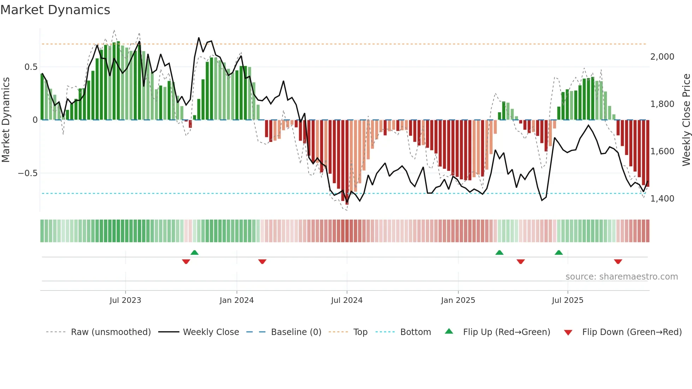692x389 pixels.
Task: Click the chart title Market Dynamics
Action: click(55, 10)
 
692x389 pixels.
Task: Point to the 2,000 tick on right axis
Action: click(662, 57)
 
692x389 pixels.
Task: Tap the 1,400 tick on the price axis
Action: click(662, 199)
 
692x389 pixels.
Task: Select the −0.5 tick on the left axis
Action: click(28, 173)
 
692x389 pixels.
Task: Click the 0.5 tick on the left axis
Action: click(31, 67)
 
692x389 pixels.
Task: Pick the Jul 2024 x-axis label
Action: click(346, 300)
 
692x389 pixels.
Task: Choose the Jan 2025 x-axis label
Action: click(458, 300)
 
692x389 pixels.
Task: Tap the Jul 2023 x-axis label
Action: click(125, 300)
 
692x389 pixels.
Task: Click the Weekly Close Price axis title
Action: click(686, 120)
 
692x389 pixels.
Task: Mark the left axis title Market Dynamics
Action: click(6, 120)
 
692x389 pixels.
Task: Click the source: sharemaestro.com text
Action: click(621, 277)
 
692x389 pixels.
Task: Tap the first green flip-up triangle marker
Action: click(195, 252)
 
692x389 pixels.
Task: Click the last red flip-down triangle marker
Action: click(618, 262)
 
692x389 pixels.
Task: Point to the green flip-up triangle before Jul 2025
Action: click(559, 252)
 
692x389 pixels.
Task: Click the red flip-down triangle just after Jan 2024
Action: click(262, 262)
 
